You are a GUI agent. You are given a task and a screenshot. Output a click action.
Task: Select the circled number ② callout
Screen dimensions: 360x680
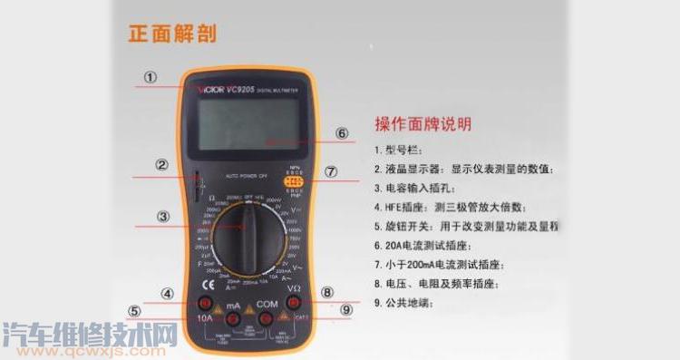click(160, 165)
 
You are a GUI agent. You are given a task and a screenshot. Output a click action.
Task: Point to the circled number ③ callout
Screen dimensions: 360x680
click(162, 216)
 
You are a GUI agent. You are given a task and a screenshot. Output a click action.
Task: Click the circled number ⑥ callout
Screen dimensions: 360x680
click(342, 133)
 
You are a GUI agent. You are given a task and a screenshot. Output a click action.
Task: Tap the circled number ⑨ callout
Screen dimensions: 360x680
click(345, 309)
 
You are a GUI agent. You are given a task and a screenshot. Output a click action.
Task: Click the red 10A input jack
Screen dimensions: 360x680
click(206, 303)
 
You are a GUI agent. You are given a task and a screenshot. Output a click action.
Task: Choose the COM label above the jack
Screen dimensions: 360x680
click(267, 304)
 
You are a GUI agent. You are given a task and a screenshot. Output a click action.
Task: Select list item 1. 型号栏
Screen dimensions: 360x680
click(403, 150)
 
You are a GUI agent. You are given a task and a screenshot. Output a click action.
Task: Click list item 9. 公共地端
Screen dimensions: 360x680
click(409, 303)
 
